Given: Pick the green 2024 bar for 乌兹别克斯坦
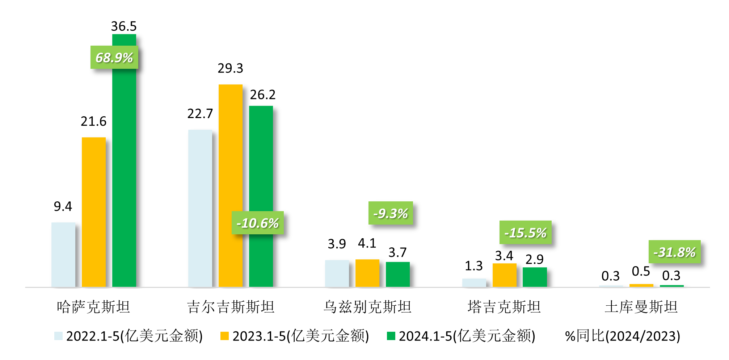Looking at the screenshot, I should click(x=398, y=274).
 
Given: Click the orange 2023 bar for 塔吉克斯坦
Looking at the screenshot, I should click(x=504, y=275).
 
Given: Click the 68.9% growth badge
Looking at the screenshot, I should click(x=114, y=58).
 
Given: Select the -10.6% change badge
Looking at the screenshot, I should click(x=257, y=223).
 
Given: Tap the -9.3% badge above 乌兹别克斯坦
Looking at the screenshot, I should click(x=391, y=213).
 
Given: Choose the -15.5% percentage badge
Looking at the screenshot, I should click(x=525, y=233).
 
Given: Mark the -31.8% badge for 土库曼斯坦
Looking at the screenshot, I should click(x=674, y=252).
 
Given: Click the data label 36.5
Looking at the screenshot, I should click(x=124, y=26).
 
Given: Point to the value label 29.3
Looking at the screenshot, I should click(x=230, y=68).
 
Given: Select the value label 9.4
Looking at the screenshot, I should click(x=63, y=206).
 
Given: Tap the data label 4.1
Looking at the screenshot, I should click(x=367, y=243).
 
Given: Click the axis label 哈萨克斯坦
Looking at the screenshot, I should click(x=93, y=307).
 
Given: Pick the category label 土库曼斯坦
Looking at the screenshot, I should click(x=641, y=307).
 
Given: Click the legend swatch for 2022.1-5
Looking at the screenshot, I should click(x=58, y=336).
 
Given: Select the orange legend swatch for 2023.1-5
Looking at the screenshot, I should click(x=224, y=336).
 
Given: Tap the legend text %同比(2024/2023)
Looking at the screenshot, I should click(x=623, y=336).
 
